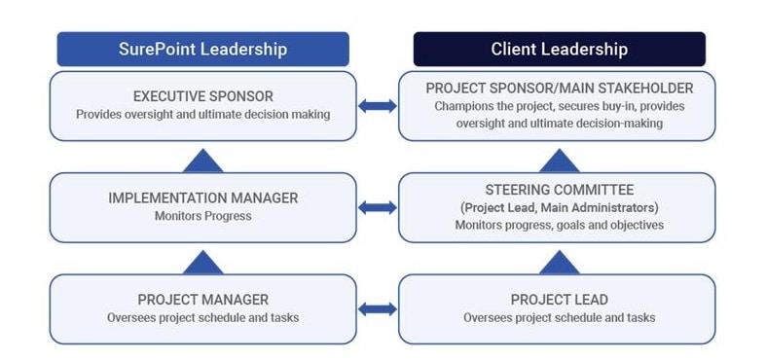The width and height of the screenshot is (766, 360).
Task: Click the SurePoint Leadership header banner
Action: coord(202,49)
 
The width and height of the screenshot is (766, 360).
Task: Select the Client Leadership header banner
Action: coord(560,49)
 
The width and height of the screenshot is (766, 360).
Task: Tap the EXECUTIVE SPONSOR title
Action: coord(203,95)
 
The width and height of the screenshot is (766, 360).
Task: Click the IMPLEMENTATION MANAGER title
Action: coord(203,198)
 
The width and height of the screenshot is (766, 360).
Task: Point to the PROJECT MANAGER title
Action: coord(203,300)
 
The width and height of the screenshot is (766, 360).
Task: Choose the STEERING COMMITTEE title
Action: coord(560,190)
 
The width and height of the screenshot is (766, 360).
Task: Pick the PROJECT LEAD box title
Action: coord(560,300)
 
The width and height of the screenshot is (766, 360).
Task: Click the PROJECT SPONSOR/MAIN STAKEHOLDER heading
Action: coord(560,88)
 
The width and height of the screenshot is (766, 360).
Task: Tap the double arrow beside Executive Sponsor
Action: coord(378,105)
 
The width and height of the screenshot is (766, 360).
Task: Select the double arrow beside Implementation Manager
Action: coord(378,207)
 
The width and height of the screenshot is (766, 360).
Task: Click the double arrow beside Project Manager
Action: coord(378,309)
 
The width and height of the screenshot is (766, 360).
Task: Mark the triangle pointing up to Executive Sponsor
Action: coord(203,162)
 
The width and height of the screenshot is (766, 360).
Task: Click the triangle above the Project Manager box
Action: coord(203,264)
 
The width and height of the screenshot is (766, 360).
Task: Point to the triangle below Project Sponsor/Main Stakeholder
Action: coord(560,162)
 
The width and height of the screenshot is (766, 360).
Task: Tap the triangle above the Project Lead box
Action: coord(560,264)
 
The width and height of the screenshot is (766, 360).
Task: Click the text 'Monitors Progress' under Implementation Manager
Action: coord(203,216)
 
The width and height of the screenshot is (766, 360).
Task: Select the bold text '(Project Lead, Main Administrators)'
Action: coord(560,207)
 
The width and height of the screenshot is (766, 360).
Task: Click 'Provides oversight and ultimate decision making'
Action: coord(203,114)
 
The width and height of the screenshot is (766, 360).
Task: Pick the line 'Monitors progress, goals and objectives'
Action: coord(560,225)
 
